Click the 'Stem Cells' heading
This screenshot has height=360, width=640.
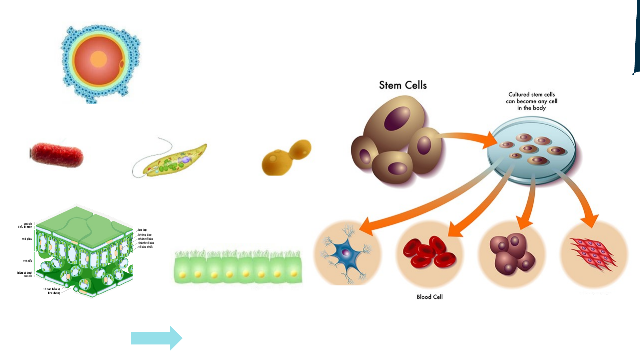point(402,85)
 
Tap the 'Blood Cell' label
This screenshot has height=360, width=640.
point(429,297)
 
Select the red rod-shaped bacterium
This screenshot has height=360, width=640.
point(57,155)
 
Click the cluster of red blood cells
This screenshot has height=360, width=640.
point(429,252)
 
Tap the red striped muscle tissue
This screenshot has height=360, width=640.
point(593,254)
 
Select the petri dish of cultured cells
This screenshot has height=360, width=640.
point(531,150)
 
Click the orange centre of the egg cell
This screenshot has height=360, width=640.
point(98,59)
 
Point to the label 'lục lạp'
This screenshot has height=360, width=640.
point(142,230)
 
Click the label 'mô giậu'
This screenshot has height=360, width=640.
point(27,239)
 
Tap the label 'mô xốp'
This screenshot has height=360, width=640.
point(27,261)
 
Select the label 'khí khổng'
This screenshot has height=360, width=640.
point(54,293)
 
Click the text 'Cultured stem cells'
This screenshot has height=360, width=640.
point(531,95)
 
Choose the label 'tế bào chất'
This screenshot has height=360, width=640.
point(146,247)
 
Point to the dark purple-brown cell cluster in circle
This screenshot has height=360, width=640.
point(511,254)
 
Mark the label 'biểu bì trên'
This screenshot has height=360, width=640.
point(25,227)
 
